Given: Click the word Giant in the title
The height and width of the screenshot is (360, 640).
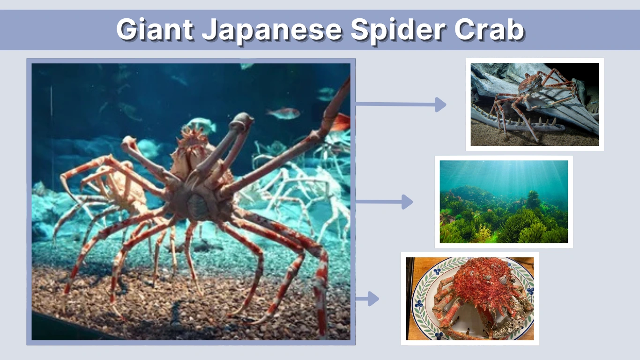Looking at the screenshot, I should pyautogui.click(x=155, y=30).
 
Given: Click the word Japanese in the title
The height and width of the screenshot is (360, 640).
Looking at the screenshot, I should pyautogui.click(x=271, y=30).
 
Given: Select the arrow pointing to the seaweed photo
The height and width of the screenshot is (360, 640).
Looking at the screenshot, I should pyautogui.click(x=384, y=202).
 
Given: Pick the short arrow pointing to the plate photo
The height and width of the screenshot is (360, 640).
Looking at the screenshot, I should pyautogui.click(x=367, y=299).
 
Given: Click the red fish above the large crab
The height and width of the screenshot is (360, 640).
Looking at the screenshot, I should pyautogui.click(x=283, y=112).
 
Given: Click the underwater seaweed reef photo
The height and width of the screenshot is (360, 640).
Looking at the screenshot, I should pyautogui.click(x=504, y=202).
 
